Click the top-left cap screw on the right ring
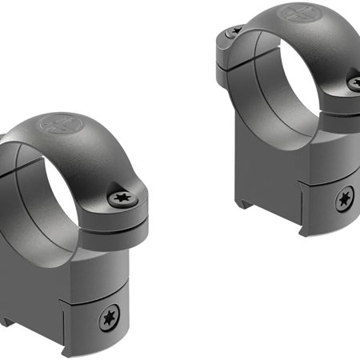tap(232, 33)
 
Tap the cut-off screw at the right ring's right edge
tap(354, 80)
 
